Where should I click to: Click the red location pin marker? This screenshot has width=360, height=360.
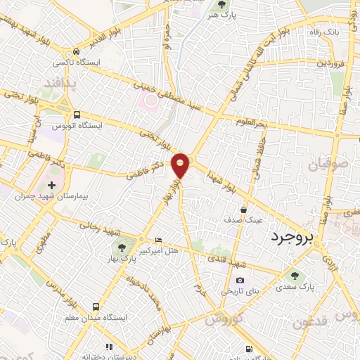click(181, 165)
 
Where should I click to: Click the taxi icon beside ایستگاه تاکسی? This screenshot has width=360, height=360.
click(76, 52)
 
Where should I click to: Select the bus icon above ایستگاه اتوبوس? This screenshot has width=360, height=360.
click(76, 115)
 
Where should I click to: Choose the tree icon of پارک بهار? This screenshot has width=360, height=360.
click(122, 246)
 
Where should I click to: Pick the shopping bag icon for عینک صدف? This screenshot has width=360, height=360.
click(243, 210)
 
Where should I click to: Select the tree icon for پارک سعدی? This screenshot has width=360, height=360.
click(294, 276)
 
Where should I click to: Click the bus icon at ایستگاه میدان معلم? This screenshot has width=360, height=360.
click(96, 307)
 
